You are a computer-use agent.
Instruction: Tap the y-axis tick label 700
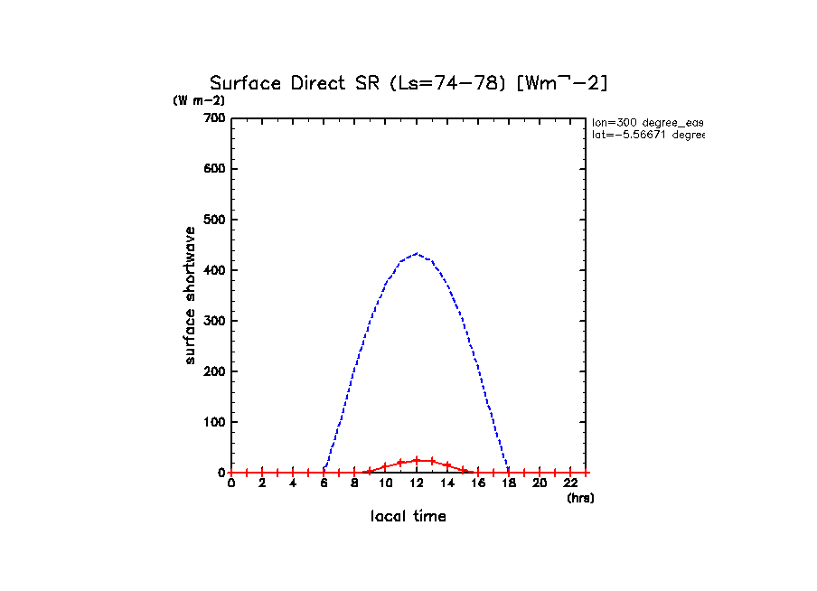pyautogui.click(x=213, y=118)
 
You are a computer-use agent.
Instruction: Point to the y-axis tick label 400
pyautogui.click(x=213, y=270)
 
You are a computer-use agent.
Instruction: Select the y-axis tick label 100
pyautogui.click(x=213, y=422)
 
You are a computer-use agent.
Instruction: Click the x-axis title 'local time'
pyautogui.click(x=408, y=517)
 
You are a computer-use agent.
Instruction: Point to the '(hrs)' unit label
pyautogui.click(x=580, y=498)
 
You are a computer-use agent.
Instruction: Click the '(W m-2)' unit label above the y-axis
pyautogui.click(x=199, y=100)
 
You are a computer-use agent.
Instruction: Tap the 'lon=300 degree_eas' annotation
pyautogui.click(x=647, y=121)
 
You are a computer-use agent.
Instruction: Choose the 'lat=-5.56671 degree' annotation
pyautogui.click(x=647, y=135)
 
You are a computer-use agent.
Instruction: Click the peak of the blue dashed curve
pyautogui.click(x=416, y=254)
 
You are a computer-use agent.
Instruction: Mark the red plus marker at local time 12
pyautogui.click(x=417, y=460)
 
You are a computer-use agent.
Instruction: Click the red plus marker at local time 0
pyautogui.click(x=231, y=473)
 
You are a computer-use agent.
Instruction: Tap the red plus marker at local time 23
pyautogui.click(x=586, y=473)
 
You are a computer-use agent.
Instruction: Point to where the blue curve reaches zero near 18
pyautogui.click(x=509, y=472)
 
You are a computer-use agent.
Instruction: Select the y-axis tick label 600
pyautogui.click(x=213, y=169)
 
